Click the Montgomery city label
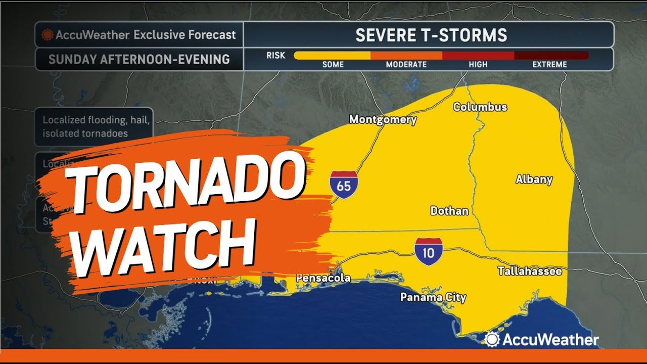383,120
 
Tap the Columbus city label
480,107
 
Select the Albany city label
534,179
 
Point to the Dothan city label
449,211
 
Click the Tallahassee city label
529,271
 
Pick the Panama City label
433,297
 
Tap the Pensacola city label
322,278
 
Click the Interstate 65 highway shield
344,185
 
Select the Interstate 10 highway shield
428,251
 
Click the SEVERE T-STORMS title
431,35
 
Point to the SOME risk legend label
333,65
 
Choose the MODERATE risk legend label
406,65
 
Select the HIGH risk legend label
478,65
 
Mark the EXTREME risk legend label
549,65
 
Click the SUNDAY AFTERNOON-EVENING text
139,59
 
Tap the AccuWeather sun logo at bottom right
491,339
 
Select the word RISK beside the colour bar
275,55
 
